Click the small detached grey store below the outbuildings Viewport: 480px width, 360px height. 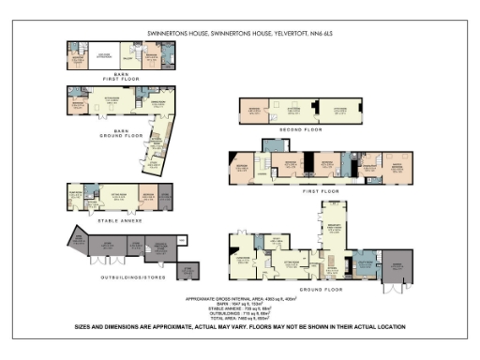coord(188,270)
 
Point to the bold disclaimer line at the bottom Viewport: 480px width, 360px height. coord(240,327)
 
